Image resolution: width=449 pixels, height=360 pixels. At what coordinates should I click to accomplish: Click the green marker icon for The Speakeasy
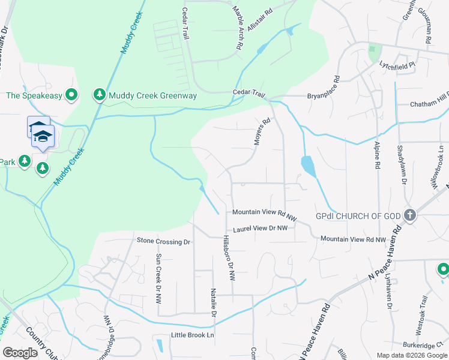71,95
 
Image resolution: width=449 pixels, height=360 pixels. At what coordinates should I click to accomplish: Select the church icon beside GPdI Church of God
410,215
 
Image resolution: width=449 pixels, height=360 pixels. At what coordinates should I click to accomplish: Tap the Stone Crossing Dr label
163,241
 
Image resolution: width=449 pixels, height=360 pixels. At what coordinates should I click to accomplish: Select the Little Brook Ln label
192,335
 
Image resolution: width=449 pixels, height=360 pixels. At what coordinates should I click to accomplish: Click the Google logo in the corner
20,353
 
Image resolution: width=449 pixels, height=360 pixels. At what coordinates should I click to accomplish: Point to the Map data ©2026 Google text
411,355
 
